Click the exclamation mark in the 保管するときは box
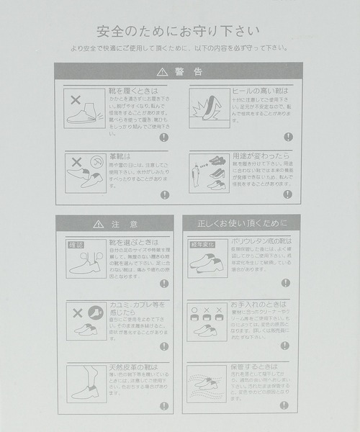[286, 405]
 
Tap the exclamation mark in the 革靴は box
[164, 194]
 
